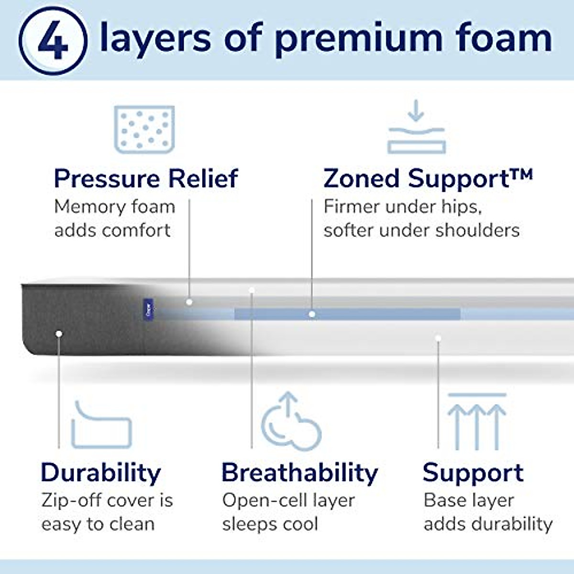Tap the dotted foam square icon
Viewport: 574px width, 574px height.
[144, 129]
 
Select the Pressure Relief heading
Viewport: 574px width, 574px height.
[145, 179]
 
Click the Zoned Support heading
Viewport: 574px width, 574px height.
[428, 179]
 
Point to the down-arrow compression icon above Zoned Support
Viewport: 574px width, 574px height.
[416, 127]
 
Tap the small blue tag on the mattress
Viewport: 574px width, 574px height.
[148, 310]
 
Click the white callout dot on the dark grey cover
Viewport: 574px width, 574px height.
[59, 333]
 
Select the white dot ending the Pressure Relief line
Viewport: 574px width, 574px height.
[189, 302]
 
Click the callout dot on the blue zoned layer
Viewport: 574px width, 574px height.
[312, 314]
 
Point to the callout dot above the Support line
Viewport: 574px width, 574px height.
[438, 338]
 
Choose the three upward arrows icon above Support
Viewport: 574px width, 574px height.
[476, 421]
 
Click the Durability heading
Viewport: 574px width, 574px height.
[100, 473]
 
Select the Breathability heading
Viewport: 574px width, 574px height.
[299, 473]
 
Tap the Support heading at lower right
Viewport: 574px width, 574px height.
[473, 473]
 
